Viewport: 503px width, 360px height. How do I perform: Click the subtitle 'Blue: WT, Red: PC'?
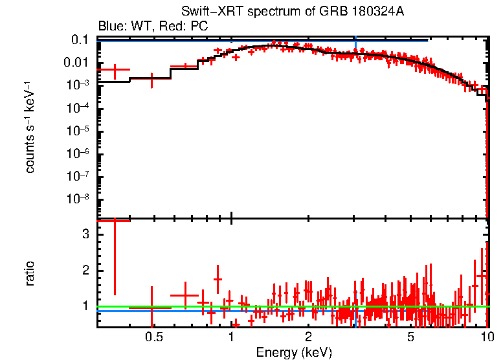pos(153,27)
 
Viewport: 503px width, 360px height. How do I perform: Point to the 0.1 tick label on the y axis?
pos(79,40)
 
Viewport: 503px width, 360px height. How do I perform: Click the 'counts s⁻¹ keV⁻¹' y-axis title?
pos(30,127)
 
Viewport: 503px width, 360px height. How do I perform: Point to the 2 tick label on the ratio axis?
pos(84,270)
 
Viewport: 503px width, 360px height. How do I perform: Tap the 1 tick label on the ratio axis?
pos(84,306)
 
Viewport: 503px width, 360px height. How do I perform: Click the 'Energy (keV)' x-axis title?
pos(294,352)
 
